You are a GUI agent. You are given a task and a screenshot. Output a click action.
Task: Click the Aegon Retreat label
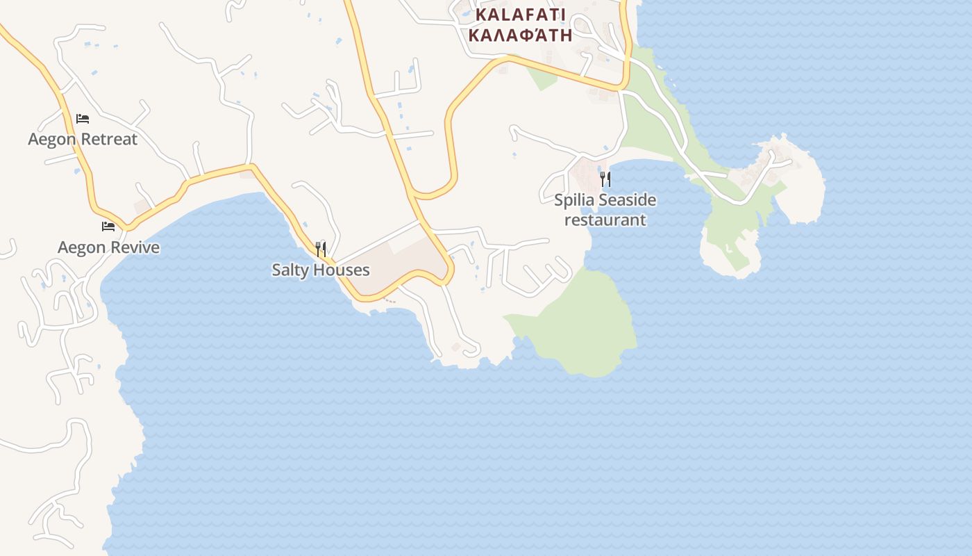pyautogui.click(x=83, y=139)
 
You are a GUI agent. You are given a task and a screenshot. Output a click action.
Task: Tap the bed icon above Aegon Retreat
pyautogui.click(x=83, y=119)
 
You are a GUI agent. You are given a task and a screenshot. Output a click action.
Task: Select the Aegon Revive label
pyautogui.click(x=108, y=247)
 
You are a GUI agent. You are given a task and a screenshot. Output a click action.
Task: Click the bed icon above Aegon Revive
pyautogui.click(x=108, y=227)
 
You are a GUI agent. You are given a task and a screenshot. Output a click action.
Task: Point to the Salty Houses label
pyautogui.click(x=321, y=270)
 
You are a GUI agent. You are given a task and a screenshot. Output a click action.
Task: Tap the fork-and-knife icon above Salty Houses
pyautogui.click(x=321, y=249)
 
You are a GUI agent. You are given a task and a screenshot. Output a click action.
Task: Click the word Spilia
pyautogui.click(x=574, y=200)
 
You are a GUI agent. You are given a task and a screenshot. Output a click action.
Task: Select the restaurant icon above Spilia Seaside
pyautogui.click(x=605, y=179)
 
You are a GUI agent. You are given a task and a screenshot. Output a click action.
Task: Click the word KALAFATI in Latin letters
pyautogui.click(x=521, y=15)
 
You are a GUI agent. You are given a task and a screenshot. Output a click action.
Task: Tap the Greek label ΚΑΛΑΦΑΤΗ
pyautogui.click(x=521, y=35)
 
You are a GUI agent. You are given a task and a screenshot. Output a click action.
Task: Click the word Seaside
pyautogui.click(x=627, y=200)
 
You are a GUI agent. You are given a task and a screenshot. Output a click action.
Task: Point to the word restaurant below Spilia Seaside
pyautogui.click(x=605, y=220)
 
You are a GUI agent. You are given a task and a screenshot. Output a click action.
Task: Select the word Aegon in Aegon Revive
pyautogui.click(x=81, y=247)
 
